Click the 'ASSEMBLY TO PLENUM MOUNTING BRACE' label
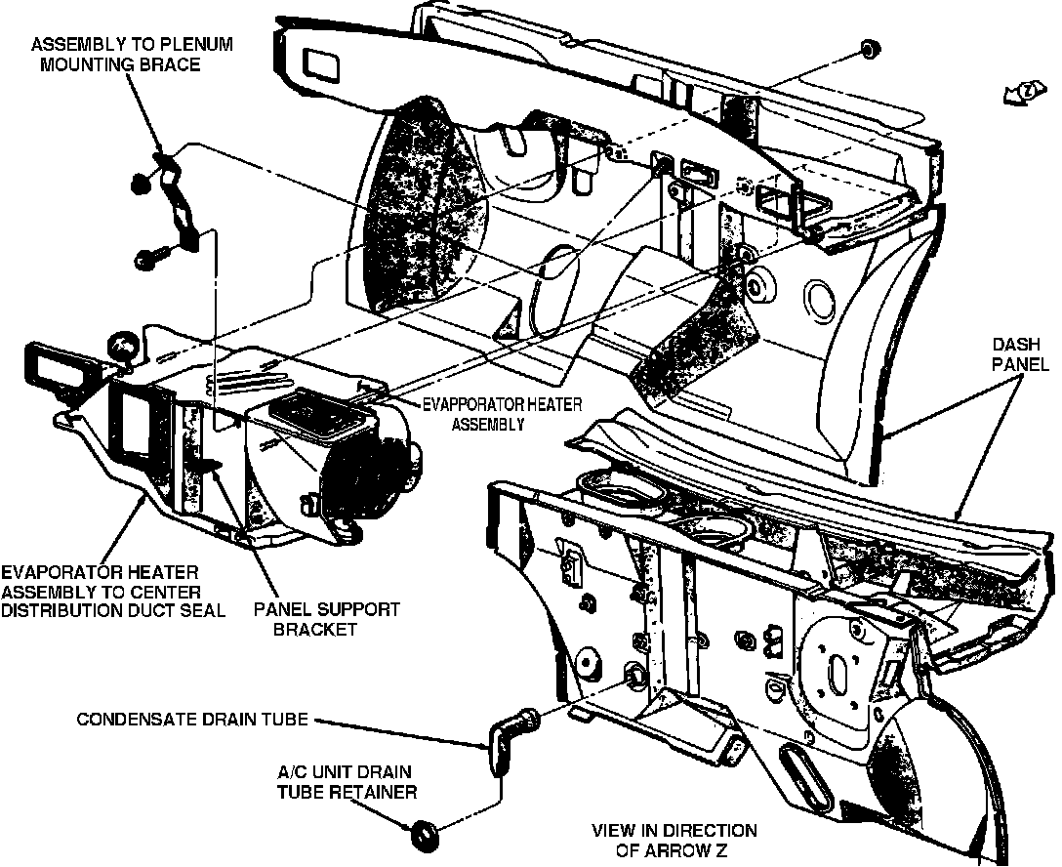pos(131,55)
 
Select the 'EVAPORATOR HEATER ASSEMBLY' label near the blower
pos(487,413)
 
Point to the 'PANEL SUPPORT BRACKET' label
pos(326,619)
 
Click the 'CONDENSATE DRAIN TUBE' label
pos(192,721)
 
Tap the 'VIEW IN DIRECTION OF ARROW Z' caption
pos(674,840)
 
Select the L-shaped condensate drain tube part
pos(509,741)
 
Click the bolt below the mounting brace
pos(149,259)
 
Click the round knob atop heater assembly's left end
pos(122,346)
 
